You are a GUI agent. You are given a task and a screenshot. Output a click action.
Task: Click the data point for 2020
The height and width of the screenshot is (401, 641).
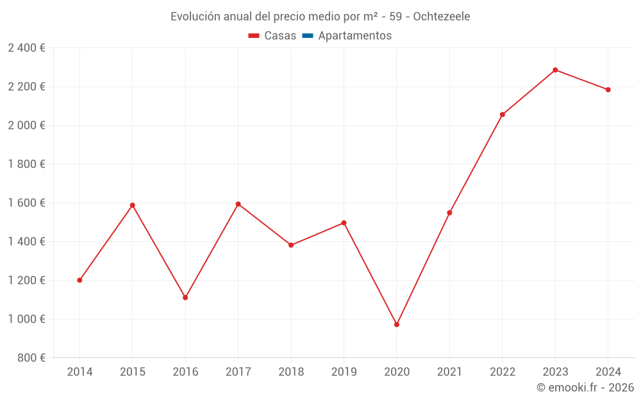pyautogui.click(x=397, y=325)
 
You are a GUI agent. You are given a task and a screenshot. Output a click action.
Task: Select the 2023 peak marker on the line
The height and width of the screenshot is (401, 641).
pyautogui.click(x=555, y=70)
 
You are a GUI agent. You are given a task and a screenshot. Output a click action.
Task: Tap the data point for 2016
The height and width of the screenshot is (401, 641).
pyautogui.click(x=185, y=298)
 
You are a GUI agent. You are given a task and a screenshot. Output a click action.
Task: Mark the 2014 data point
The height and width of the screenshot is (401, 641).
pyautogui.click(x=79, y=280)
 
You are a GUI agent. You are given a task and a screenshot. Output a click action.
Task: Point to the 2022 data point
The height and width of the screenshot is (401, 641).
pyautogui.click(x=503, y=115)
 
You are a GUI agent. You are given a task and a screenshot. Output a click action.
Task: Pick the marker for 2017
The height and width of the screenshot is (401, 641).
pyautogui.click(x=238, y=204)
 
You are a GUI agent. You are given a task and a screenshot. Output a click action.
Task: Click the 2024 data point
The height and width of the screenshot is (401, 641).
pyautogui.click(x=608, y=90)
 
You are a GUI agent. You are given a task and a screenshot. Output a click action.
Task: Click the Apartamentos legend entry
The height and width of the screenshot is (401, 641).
pyautogui.click(x=354, y=36)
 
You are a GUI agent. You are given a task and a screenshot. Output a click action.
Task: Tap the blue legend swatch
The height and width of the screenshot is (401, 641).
pyautogui.click(x=308, y=36)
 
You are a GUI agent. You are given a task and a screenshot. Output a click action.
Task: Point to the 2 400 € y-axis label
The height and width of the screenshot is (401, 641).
pyautogui.click(x=26, y=48)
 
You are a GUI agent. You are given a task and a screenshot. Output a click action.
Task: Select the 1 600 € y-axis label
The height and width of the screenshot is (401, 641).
pyautogui.click(x=26, y=203)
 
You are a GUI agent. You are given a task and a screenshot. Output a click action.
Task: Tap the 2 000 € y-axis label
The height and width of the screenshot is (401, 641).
pyautogui.click(x=26, y=126)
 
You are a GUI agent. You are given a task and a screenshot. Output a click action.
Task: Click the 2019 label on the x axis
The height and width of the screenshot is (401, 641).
pyautogui.click(x=344, y=372)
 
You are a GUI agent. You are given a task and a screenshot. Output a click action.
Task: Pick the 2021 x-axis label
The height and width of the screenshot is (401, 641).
pyautogui.click(x=449, y=372)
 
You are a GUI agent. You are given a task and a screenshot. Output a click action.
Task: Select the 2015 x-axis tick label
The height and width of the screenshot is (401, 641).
pyautogui.click(x=133, y=372)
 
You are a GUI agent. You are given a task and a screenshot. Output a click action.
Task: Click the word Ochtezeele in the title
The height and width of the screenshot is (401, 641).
pyautogui.click(x=442, y=17)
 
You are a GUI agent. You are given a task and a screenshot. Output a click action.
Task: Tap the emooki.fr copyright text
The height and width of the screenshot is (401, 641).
pyautogui.click(x=585, y=388)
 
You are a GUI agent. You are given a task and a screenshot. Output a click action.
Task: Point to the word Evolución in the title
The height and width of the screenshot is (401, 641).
pyautogui.click(x=195, y=17)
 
